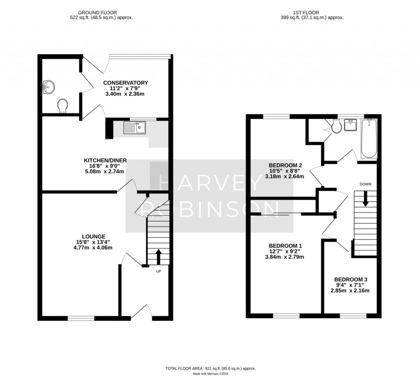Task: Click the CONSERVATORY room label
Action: click(x=126, y=83)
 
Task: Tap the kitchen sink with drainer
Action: click(x=134, y=127)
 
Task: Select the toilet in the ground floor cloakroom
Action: click(x=63, y=106)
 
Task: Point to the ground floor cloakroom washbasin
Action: click(x=49, y=87)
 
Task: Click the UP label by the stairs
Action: click(x=158, y=271)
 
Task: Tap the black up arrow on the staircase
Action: click(x=158, y=257)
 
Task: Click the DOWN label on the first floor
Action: click(x=365, y=184)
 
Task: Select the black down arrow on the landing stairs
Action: click(x=365, y=198)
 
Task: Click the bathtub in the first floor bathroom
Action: click(x=369, y=138)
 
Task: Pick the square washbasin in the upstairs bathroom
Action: click(x=350, y=125)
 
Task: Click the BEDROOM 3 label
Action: click(x=351, y=279)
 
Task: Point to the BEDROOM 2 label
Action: click(x=285, y=165)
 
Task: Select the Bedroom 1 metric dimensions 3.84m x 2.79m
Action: click(x=285, y=257)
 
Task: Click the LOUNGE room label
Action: click(x=94, y=237)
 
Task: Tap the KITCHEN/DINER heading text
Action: click(x=105, y=160)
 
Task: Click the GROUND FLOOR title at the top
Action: click(x=97, y=13)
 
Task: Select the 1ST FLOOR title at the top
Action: click(x=306, y=13)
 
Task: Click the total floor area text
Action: click(x=211, y=369)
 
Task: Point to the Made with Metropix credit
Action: click(x=211, y=374)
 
